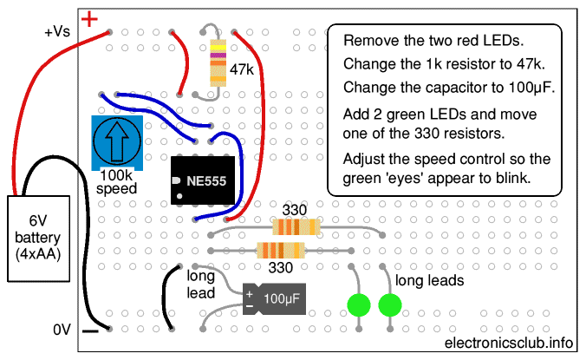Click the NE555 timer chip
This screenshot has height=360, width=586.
[x=204, y=180]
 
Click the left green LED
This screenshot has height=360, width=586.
[x=360, y=304]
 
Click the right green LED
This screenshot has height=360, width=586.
[x=390, y=304]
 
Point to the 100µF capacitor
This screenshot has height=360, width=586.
[x=270, y=298]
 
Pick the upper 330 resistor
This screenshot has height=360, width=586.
[x=296, y=227]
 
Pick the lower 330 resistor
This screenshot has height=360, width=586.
[x=282, y=251]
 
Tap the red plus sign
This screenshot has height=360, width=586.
[x=88, y=17]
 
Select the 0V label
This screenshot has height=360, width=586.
[x=61, y=330]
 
